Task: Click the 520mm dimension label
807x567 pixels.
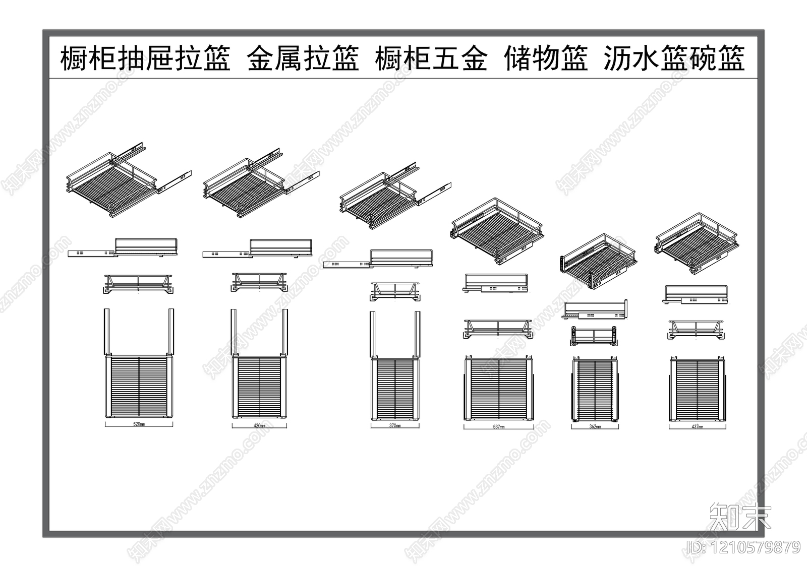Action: [139, 424]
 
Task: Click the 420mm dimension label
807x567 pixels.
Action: [260, 425]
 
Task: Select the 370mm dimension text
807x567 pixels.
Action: [395, 426]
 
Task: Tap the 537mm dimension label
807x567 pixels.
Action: [498, 427]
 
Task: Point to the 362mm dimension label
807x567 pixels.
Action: [595, 427]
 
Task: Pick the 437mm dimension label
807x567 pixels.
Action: [698, 426]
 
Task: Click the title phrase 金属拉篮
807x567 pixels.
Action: [303, 58]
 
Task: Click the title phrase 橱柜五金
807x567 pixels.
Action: [431, 58]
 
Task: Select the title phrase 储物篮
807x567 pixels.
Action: [546, 58]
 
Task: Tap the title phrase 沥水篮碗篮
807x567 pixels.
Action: [674, 58]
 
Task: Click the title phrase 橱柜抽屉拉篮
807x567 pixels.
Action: [145, 58]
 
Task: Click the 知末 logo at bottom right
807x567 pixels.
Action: [740, 516]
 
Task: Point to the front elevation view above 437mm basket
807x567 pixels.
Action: [698, 329]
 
